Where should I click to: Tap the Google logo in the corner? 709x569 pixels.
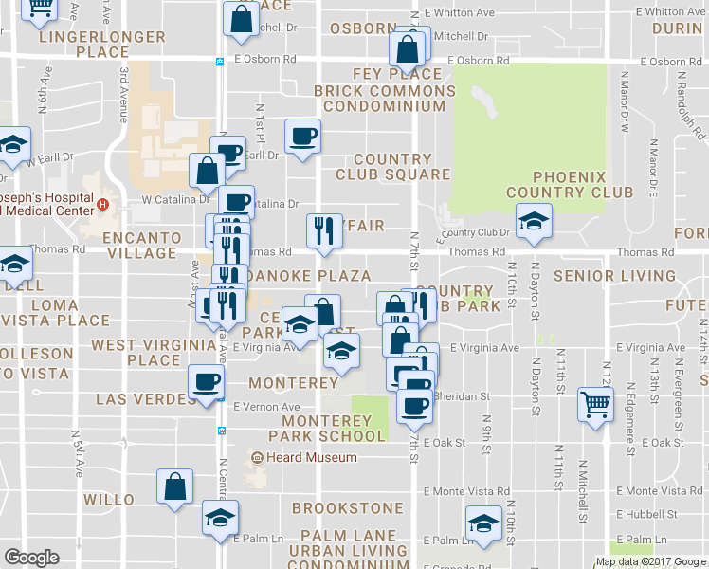pos(31,558)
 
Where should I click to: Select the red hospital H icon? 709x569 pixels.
pos(103,204)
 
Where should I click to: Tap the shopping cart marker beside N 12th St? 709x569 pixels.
pos(596,405)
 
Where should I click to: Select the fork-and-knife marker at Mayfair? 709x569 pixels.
pos(323,229)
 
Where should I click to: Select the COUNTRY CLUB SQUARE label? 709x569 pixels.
pos(391,166)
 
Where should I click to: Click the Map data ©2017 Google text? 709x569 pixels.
pos(650,561)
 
